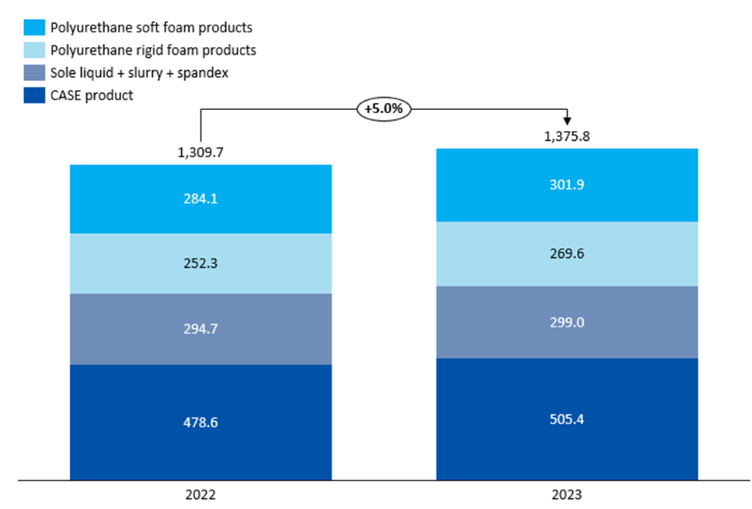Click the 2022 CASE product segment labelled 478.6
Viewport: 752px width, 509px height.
point(201,422)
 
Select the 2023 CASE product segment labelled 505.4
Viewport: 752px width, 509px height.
point(567,419)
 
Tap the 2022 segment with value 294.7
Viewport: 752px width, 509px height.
point(201,329)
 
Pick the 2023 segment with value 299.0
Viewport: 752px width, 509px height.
point(567,322)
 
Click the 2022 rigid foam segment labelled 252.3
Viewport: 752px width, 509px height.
point(201,263)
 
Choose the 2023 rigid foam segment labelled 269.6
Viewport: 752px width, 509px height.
point(567,254)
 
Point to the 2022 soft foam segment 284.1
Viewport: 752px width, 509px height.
point(201,199)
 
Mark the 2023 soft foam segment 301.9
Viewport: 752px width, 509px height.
point(567,185)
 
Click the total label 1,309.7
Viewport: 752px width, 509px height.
point(201,152)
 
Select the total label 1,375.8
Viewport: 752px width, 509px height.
point(567,136)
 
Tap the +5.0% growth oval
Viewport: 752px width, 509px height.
point(383,109)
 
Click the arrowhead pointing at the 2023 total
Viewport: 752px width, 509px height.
point(567,121)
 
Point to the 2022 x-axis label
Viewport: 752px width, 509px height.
point(201,494)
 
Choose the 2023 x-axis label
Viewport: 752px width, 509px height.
point(567,494)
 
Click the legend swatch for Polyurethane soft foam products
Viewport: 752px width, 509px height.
point(35,27)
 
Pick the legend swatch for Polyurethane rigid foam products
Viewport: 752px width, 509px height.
point(35,50)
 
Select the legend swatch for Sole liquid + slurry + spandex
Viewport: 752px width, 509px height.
point(35,73)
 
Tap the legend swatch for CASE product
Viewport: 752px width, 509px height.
point(35,95)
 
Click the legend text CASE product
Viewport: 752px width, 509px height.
point(92,95)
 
